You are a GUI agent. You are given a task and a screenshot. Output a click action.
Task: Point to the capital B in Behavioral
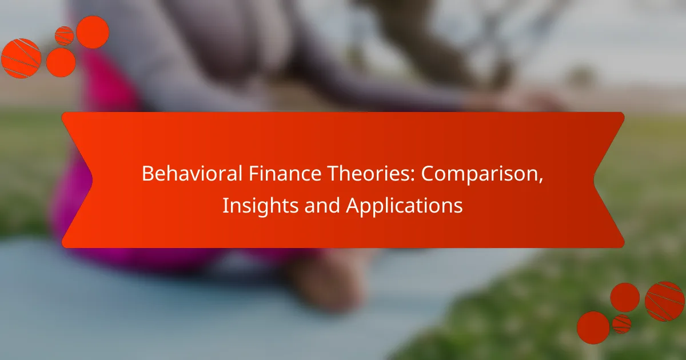[147, 174]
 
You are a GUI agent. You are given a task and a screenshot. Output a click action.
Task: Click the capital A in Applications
[352, 206]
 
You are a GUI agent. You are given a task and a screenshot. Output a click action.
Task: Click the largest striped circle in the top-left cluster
[21, 58]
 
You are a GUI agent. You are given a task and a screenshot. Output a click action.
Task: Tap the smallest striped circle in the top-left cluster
[64, 36]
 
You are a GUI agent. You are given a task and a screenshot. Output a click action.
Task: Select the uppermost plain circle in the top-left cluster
[93, 32]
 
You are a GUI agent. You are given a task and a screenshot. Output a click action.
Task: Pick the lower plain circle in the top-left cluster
[61, 62]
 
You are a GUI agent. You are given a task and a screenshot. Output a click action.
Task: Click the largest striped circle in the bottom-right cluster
[664, 301]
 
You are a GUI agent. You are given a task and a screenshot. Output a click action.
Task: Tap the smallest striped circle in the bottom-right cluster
[621, 323]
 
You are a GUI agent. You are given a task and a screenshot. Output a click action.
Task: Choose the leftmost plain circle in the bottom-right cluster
[593, 327]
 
